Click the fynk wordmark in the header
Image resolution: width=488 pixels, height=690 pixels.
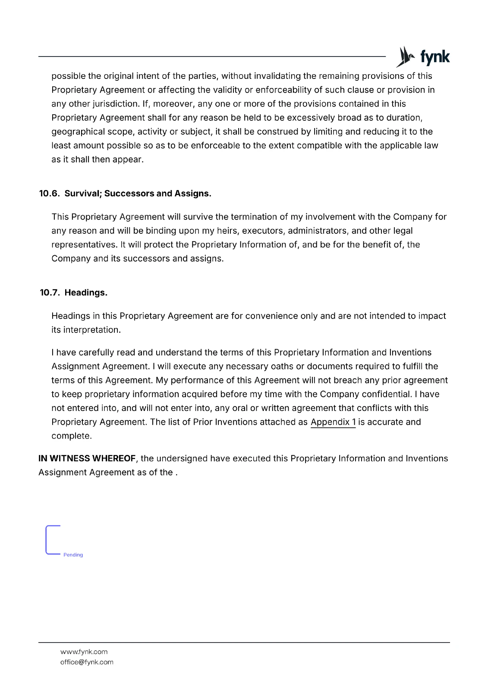(434, 57)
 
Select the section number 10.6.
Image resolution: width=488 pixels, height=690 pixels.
(49, 194)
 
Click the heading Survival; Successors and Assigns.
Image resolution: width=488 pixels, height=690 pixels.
(138, 194)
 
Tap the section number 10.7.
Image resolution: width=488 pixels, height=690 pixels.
(49, 293)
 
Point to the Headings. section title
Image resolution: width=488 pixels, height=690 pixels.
(86, 293)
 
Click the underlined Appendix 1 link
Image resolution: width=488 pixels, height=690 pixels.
(333, 422)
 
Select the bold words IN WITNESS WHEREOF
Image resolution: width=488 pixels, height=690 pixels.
(87, 458)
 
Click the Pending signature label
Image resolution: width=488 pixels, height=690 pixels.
(73, 555)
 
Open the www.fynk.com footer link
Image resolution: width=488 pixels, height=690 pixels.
(84, 652)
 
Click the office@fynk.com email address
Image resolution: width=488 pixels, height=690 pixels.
(87, 662)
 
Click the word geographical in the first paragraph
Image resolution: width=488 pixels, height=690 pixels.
(76, 132)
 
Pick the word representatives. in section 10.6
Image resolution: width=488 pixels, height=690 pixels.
(84, 245)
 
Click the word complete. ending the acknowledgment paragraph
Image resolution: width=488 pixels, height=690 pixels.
(71, 436)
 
